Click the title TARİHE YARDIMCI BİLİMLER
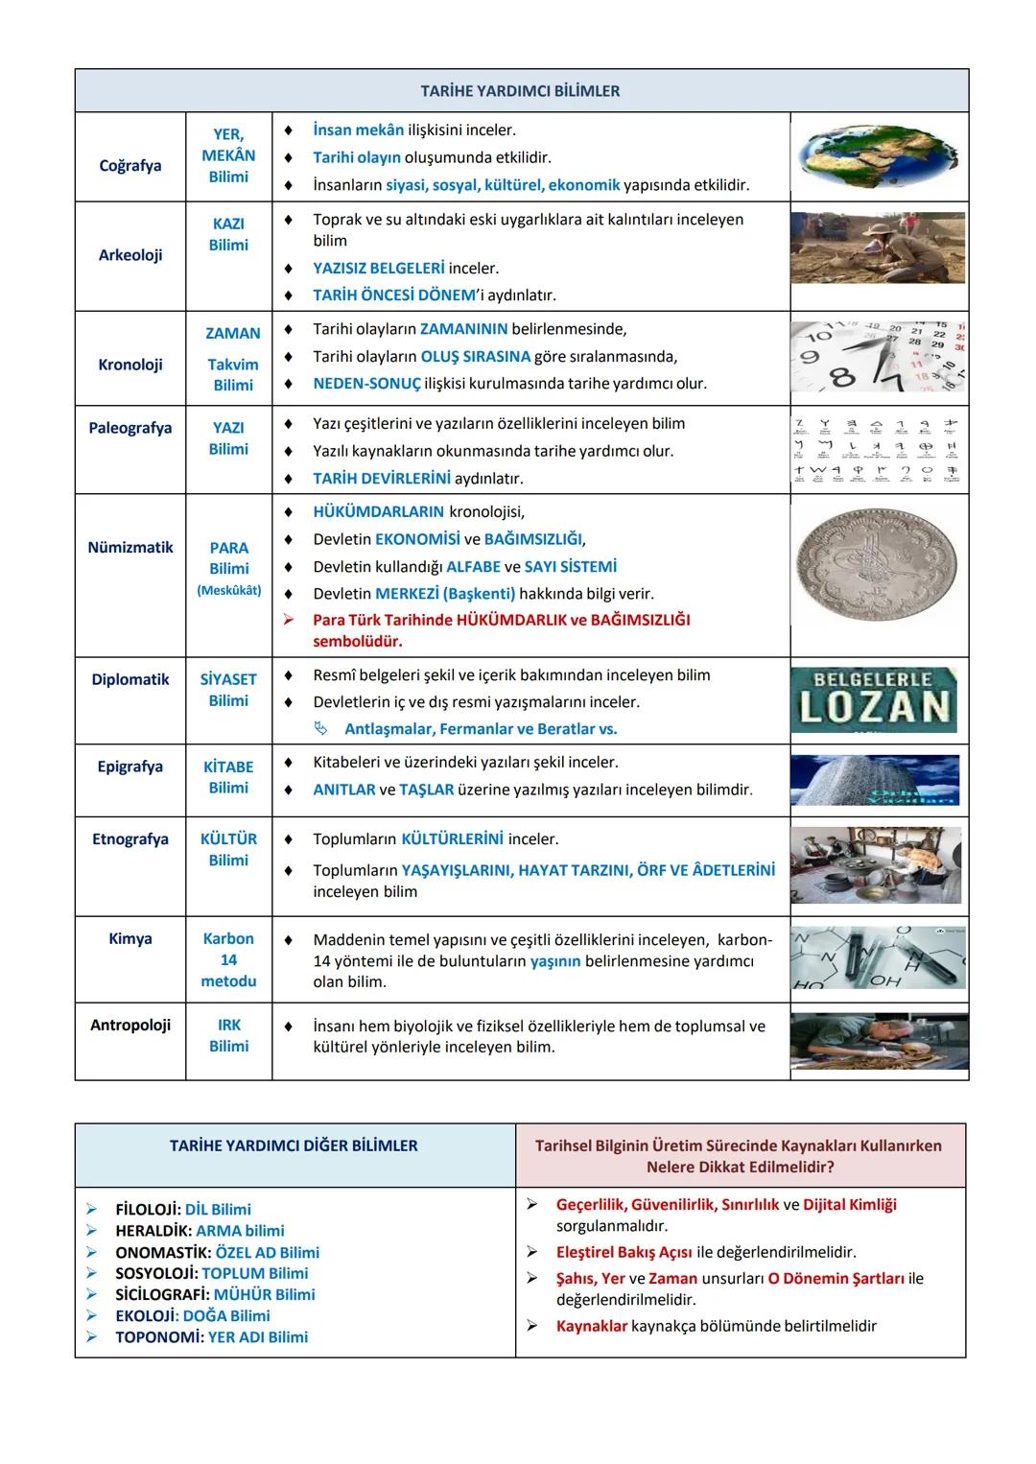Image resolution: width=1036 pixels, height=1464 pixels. [520, 91]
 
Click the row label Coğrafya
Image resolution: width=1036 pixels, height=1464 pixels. [130, 166]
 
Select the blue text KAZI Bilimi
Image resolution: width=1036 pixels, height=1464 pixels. [228, 234]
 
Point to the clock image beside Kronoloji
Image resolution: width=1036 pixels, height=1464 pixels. [878, 358]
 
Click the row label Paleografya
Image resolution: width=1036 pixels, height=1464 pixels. [130, 428]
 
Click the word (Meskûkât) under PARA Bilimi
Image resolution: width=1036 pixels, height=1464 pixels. [228, 591]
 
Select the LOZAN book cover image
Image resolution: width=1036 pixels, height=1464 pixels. [874, 699]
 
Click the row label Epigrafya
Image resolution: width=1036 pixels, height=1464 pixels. [130, 767]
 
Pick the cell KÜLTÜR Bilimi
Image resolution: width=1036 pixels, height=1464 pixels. [228, 849]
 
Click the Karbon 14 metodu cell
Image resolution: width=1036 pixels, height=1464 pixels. [228, 959]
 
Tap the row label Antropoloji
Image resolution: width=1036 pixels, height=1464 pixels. [130, 1025]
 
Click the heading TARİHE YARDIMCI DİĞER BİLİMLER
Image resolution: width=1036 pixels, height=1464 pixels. [294, 1145]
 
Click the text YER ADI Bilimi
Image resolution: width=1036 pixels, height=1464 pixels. [258, 1337]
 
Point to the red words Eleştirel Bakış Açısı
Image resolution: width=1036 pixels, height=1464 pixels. [624, 1252]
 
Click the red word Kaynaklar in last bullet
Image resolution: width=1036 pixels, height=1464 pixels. [591, 1326]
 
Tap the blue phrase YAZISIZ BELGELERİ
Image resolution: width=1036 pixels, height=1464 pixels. [378, 269]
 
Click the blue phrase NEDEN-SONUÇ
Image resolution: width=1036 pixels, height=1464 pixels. [366, 384]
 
